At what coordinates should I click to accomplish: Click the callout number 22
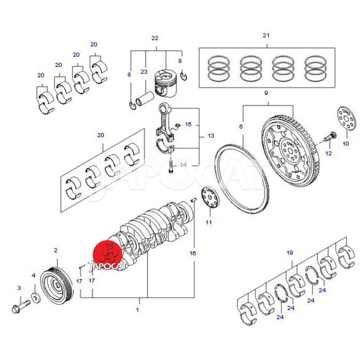(155, 38)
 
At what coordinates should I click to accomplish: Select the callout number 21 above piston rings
(265, 35)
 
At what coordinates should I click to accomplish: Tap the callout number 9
(266, 93)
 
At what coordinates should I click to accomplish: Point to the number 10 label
(346, 144)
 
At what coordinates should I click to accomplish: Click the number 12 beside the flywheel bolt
(328, 153)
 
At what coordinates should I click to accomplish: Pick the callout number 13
(211, 135)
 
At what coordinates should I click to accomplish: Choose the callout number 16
(193, 253)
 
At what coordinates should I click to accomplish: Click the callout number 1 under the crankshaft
(138, 310)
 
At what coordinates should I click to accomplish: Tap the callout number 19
(290, 253)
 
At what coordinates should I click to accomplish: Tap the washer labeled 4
(35, 297)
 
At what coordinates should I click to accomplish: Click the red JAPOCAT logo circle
(108, 256)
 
